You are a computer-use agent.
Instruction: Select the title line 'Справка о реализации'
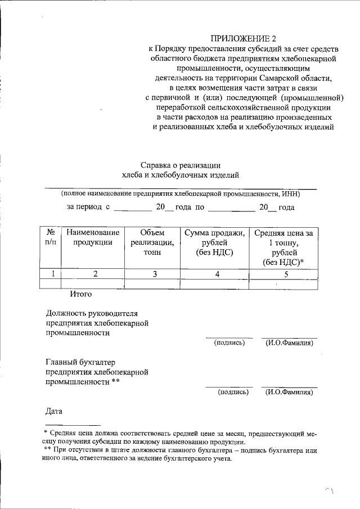point(180,165)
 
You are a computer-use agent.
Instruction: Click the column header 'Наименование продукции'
point(93,237)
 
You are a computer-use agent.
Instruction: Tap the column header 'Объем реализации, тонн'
point(152,242)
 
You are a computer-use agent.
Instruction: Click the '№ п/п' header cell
point(50,237)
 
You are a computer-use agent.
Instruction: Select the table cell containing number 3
point(152,274)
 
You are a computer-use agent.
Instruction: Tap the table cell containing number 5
point(285,274)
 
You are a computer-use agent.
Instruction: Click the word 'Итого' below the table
point(80,294)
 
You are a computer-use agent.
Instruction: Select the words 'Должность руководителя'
point(92,313)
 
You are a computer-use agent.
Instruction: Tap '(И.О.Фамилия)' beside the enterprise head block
point(289,343)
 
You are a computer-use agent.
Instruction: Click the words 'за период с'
point(88,207)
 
